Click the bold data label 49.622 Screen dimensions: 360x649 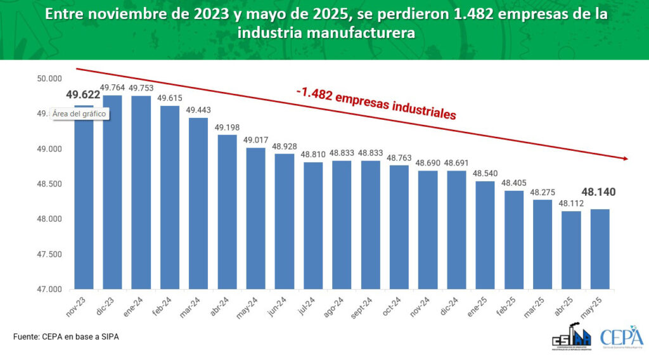click(x=83, y=95)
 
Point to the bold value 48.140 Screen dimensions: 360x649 click(x=600, y=192)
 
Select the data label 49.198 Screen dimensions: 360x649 click(x=227, y=127)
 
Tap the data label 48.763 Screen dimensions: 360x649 click(x=399, y=158)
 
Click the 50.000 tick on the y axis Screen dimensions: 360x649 click(x=49, y=79)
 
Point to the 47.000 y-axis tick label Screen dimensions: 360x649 click(x=49, y=290)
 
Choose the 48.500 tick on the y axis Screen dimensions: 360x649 click(x=49, y=184)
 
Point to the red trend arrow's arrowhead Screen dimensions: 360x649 click(x=625, y=158)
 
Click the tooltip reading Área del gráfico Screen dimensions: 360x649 click(x=79, y=113)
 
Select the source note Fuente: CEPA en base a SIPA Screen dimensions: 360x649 click(x=66, y=337)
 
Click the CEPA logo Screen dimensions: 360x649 click(x=621, y=337)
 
